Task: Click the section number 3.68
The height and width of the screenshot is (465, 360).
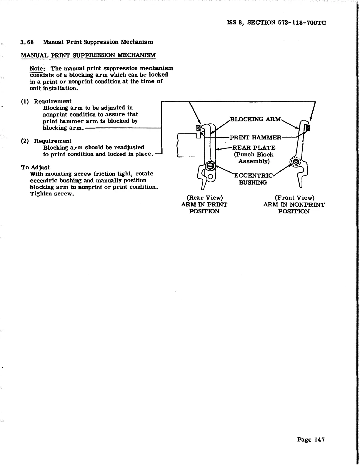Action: point(27,42)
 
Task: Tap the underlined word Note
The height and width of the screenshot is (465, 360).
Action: point(36,68)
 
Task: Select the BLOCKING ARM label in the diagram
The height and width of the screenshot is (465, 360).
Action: point(255,119)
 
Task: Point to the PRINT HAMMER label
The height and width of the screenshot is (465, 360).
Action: point(255,138)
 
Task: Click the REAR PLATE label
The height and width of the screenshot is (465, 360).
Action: point(254,148)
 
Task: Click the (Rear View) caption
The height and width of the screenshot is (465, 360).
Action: point(205,198)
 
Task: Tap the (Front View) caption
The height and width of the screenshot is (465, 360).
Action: point(294,198)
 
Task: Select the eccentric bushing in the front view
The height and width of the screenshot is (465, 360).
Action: point(295,161)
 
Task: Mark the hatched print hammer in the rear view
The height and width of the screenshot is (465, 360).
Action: point(198,128)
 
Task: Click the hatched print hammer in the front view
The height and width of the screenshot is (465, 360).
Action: point(308,127)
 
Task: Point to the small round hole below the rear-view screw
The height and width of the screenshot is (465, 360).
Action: point(210,177)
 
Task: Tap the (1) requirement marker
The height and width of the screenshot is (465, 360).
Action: point(25,101)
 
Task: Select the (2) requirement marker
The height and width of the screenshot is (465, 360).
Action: point(25,141)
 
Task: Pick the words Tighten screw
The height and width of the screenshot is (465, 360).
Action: point(52,194)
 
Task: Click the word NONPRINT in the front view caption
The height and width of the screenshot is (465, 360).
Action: point(307,205)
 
